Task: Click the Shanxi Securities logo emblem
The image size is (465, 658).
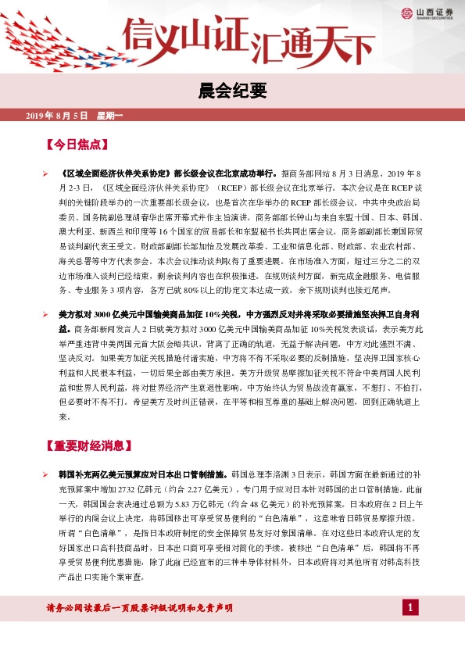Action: pyautogui.click(x=407, y=13)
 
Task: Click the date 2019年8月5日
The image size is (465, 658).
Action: pyautogui.click(x=58, y=116)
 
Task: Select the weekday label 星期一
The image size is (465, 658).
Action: pyautogui.click(x=110, y=116)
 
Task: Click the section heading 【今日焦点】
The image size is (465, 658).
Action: pyautogui.click(x=77, y=145)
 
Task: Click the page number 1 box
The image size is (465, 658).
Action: pyautogui.click(x=410, y=629)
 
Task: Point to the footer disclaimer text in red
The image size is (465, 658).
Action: pyautogui.click(x=140, y=630)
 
